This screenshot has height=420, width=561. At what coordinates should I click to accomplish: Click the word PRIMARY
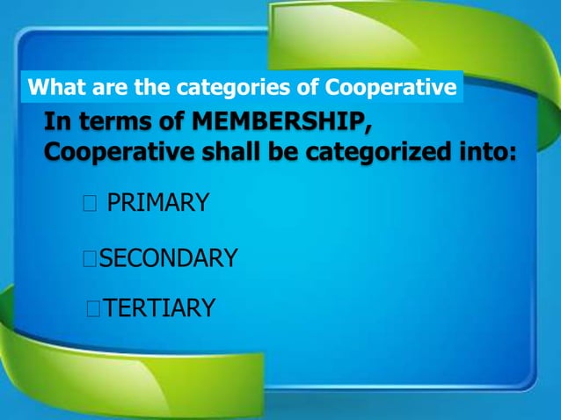[x=157, y=204]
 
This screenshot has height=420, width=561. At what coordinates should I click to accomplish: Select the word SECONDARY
[x=167, y=258]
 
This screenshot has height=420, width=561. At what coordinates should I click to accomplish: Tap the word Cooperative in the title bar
[x=391, y=88]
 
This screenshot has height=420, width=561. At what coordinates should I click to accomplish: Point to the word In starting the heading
[x=56, y=121]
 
